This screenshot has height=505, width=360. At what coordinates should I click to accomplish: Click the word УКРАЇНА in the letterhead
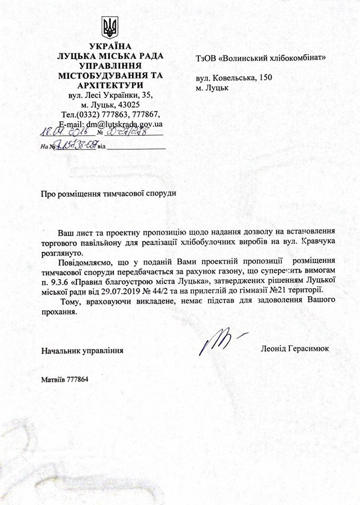point(111,47)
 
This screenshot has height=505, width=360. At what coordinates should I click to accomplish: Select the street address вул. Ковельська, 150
point(233,78)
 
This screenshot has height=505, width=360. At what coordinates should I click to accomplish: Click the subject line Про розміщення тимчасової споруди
point(108,193)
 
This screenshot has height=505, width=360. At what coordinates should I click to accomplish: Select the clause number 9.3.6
point(62,280)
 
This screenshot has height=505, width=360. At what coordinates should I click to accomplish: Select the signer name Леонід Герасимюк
point(294,349)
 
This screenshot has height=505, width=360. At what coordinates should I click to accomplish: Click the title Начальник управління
point(82,349)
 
